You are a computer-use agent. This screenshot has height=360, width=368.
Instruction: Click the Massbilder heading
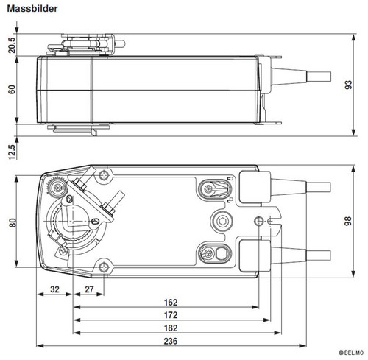32,9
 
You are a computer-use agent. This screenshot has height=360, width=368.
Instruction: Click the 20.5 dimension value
12,45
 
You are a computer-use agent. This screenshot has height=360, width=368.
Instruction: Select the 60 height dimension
12,89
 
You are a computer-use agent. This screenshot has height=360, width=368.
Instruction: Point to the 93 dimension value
348,85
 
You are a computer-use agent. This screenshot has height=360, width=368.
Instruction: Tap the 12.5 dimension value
12,152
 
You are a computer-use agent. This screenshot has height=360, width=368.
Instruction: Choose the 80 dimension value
13,222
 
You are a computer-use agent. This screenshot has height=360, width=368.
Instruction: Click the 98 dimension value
348,221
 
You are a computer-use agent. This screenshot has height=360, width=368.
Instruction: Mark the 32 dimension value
54,289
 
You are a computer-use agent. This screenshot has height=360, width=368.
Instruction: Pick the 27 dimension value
89,289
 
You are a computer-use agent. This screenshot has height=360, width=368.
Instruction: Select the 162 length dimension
171,303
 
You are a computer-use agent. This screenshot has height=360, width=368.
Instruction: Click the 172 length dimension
171,315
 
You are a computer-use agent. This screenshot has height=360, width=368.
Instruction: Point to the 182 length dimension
171,328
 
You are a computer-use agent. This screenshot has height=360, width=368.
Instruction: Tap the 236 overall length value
171,341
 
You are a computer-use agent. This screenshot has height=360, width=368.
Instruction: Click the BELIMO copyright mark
351,353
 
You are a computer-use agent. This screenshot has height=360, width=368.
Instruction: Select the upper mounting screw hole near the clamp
104,175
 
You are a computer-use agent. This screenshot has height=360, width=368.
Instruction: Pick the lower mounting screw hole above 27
104,267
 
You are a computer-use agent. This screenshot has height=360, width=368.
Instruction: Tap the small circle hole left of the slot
258,221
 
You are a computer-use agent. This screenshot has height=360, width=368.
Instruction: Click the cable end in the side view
319,77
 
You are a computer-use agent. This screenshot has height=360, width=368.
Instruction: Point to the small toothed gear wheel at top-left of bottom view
57,188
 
